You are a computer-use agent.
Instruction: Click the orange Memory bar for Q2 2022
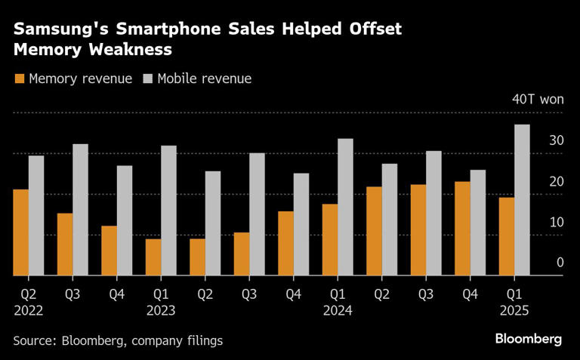pos(20,232)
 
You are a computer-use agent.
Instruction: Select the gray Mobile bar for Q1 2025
pos(522,200)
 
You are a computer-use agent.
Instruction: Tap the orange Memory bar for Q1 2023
pos(153,257)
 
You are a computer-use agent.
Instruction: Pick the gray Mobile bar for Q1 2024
pos(345,207)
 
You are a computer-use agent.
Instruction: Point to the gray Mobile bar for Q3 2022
pos(80,210)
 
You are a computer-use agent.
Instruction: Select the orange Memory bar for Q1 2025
pos(506,236)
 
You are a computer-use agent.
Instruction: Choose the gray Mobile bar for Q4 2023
pos(301,224)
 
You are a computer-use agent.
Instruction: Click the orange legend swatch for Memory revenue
pos(19,78)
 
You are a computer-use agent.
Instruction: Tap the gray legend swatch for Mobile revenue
pos(147,78)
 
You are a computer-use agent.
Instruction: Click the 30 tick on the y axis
pos(557,140)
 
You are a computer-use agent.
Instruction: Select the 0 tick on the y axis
pos(560,263)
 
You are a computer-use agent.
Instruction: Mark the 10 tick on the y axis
pos(557,222)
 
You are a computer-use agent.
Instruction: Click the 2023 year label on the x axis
pos(161,309)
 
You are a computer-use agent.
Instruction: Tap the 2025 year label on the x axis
pos(514,309)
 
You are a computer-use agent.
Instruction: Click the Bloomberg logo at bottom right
pos(528,339)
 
